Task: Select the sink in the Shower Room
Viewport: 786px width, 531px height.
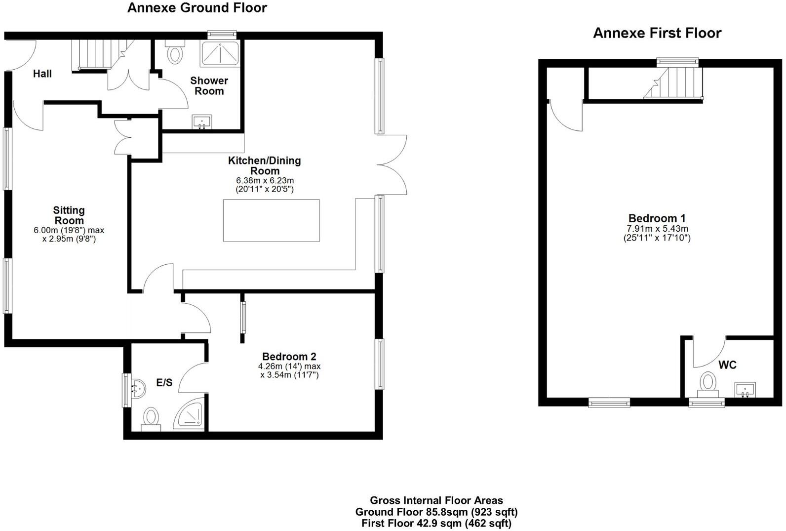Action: tap(202, 122)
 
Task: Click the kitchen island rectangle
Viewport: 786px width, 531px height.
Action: tap(271, 220)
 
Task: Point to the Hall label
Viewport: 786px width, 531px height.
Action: tap(42, 74)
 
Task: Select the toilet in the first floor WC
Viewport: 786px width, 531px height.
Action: tap(708, 384)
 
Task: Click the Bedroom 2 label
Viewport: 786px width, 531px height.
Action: tap(289, 357)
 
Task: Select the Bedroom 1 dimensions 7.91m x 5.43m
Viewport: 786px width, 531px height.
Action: tap(657, 229)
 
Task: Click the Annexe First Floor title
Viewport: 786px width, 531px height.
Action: tap(657, 33)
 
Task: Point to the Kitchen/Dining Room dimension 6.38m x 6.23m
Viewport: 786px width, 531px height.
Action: tap(265, 181)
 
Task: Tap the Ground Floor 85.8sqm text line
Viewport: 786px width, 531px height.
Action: tap(436, 512)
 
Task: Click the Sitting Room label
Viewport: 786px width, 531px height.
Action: tap(69, 216)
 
